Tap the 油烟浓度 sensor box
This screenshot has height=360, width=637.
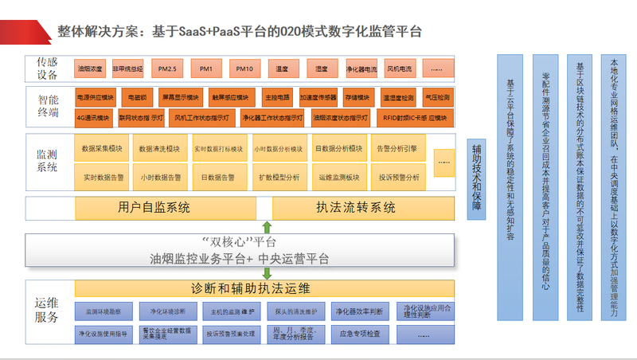pyautogui.click(x=90, y=69)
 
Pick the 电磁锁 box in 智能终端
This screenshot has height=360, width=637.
pyautogui.click(x=136, y=99)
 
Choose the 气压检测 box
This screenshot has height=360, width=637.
pyautogui.click(x=436, y=99)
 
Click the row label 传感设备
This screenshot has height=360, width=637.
pyautogui.click(x=47, y=68)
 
